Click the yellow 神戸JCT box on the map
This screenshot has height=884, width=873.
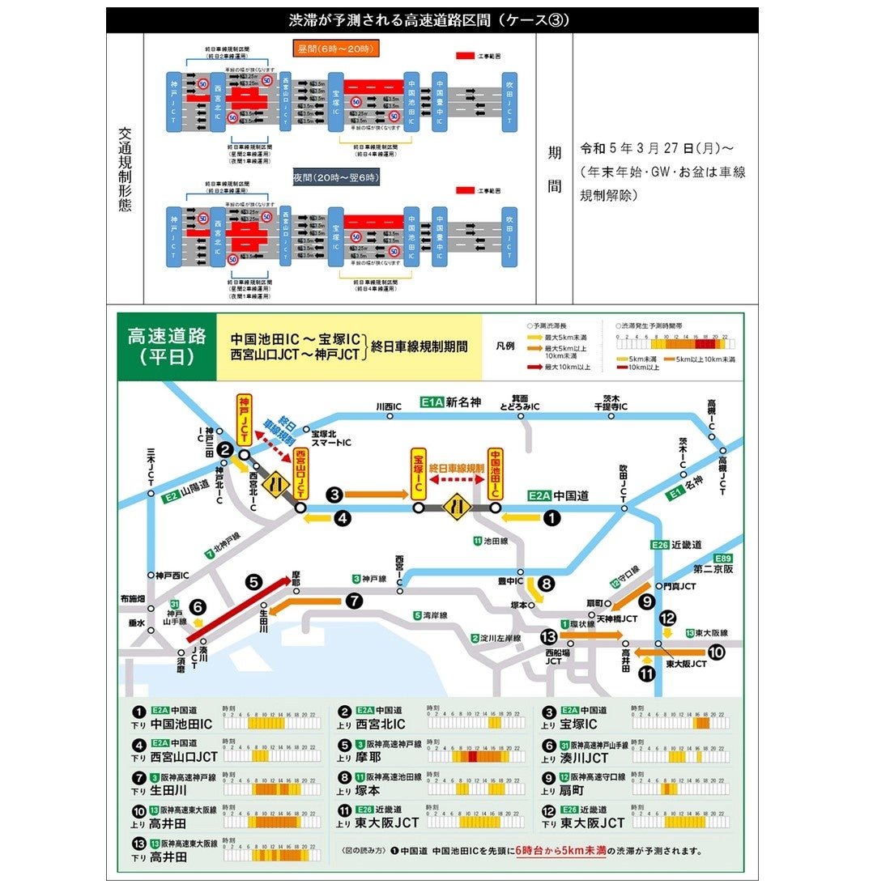click(244, 416)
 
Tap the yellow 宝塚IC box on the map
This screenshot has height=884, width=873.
click(419, 474)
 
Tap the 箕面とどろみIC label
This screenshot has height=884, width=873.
click(519, 402)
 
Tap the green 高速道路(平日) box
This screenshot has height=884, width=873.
click(167, 346)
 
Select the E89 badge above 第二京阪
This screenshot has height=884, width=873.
click(722, 559)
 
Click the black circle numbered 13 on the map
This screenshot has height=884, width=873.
click(549, 635)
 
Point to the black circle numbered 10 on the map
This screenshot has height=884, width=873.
click(716, 652)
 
